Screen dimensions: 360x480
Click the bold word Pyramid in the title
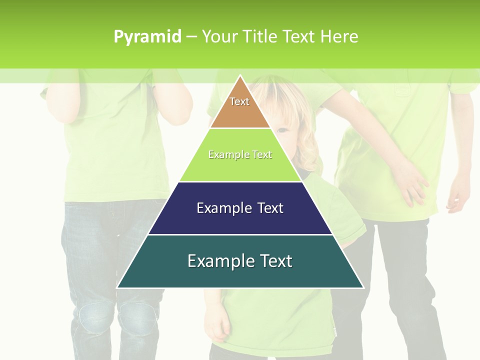147,37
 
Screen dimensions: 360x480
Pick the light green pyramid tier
240,167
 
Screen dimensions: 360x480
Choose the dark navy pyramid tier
240,220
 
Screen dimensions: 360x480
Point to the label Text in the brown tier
239,101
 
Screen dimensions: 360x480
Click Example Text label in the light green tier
240,154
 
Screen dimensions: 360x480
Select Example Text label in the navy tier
240,208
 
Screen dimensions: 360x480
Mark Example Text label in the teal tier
240,261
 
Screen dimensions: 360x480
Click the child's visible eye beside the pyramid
282,131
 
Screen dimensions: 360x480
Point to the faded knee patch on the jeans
92,317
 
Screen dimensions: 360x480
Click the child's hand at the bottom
218,327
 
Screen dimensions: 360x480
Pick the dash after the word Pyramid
191,36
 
